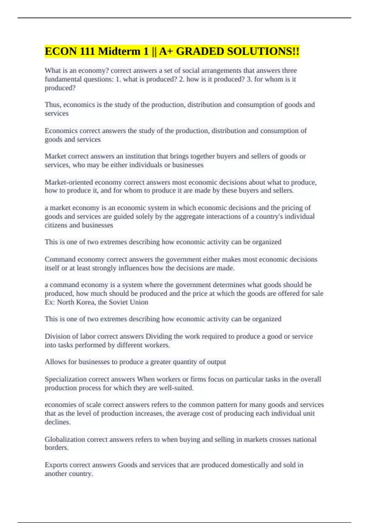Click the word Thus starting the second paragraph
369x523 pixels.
[x=52, y=105]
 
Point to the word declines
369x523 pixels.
[x=58, y=422]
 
